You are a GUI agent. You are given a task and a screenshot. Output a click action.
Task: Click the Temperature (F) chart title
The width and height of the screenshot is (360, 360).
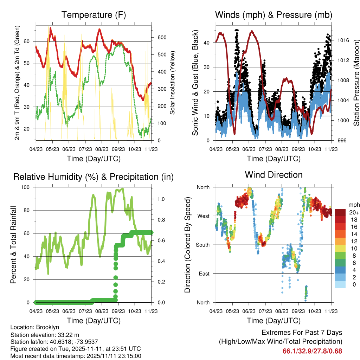[94, 15]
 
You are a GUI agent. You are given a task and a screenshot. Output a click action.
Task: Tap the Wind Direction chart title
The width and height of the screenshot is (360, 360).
[274, 175]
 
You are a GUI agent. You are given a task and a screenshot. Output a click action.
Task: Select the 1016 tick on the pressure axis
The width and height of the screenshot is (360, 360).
[343, 40]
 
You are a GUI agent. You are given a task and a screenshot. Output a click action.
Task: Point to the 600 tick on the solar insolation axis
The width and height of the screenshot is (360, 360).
[162, 37]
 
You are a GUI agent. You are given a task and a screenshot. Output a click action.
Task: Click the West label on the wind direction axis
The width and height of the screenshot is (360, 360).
[204, 216]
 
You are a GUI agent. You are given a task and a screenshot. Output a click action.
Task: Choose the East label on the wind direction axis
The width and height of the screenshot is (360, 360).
[204, 274]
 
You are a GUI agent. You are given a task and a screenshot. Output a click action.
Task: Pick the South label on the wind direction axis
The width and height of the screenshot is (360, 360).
[203, 245]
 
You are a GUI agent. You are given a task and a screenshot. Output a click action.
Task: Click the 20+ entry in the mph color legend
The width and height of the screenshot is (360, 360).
[354, 212]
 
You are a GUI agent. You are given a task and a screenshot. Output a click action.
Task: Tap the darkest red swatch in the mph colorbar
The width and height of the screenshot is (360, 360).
[340, 212]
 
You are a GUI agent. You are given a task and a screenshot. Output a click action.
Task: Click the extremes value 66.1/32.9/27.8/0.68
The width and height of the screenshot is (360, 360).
[312, 351]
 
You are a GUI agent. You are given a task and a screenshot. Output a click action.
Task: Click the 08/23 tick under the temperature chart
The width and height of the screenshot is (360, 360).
[102, 149]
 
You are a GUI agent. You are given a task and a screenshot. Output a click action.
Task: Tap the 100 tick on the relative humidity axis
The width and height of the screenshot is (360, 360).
[25, 187]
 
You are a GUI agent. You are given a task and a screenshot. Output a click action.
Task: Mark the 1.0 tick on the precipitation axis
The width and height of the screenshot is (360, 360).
[161, 199]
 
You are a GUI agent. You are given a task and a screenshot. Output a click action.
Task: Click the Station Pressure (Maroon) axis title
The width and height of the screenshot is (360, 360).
[356, 83]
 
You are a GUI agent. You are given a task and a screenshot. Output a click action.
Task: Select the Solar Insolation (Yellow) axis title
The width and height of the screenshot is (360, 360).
[172, 83]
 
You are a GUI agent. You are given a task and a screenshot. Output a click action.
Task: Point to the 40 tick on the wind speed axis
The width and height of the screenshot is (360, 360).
[207, 43]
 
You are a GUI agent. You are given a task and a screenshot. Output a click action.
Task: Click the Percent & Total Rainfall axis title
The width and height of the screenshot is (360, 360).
[13, 245]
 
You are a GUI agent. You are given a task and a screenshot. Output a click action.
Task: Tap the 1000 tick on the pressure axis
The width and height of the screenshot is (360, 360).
[343, 120]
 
